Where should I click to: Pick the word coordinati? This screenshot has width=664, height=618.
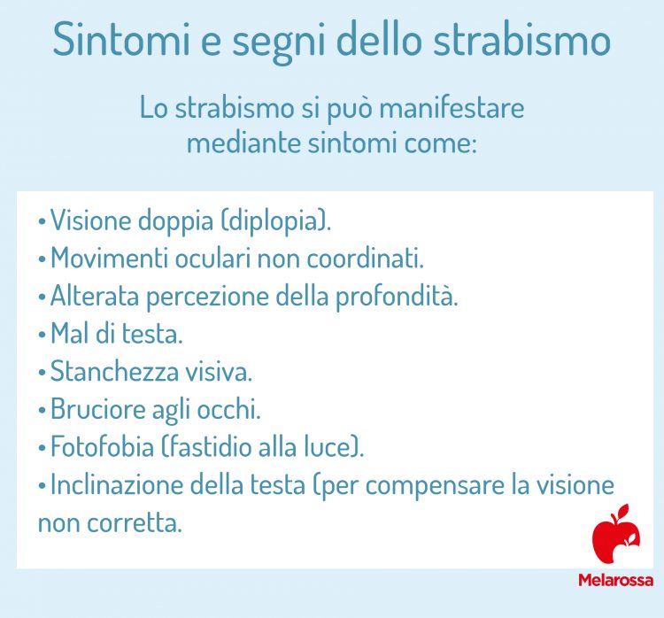[x=365, y=259]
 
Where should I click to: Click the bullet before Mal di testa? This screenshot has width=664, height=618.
[x=42, y=335]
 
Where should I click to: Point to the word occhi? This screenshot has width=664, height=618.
[x=233, y=410]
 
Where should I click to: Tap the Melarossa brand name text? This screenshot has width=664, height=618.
[x=615, y=581]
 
